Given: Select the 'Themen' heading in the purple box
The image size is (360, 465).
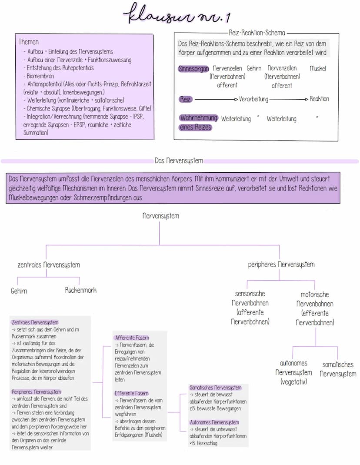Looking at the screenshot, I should coord(29,42).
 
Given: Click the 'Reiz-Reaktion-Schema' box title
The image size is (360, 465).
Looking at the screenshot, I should coord(257,33).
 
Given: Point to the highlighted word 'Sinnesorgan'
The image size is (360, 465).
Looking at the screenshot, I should coord(193,69).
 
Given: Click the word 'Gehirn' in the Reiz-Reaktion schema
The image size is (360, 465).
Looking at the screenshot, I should coord(254,68).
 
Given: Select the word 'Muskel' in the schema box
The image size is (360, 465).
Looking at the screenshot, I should coord(317,69).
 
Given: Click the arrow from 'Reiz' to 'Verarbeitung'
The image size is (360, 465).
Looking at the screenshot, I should coord(216,99).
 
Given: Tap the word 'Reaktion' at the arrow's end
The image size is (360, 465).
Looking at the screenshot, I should coord(319,99).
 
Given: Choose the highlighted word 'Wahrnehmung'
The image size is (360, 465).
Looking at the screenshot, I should coord(198,118).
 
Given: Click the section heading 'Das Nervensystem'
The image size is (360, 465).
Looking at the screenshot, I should coord(179,161).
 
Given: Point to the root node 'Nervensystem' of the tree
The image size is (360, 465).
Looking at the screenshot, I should coord(160,216).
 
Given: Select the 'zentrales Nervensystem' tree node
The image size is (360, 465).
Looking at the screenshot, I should coord(48,264).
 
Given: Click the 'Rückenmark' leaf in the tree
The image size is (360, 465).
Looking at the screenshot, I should coord(80,290).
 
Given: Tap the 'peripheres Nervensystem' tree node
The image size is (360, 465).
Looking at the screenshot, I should coord(281,264).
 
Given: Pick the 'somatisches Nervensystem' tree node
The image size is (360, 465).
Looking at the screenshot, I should coord(338,369).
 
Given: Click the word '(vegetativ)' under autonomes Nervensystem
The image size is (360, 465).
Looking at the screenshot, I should coord(293,382).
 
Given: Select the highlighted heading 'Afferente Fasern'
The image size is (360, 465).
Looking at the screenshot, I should coord(132,338).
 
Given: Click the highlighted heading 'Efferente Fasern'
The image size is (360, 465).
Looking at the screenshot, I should coord(131,393).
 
